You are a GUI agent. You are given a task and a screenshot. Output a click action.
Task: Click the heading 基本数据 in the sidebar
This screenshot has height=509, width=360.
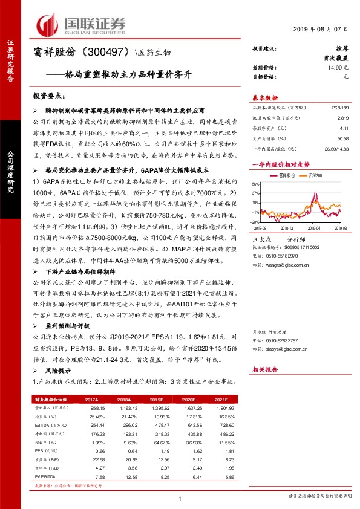265,97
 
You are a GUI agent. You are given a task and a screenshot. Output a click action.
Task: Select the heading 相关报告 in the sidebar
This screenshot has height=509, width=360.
265,368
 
